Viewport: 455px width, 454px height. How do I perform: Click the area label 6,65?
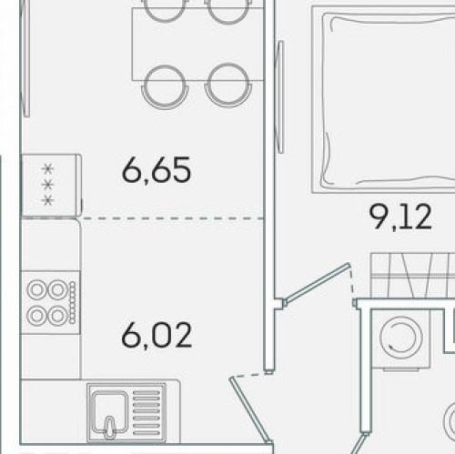[x=157, y=170]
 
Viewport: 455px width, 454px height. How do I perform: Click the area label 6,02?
[x=157, y=335]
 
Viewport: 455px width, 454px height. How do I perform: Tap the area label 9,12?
[x=400, y=217]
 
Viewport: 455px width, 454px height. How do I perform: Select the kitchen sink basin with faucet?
[x=110, y=412]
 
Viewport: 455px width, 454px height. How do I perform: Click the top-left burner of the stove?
[x=36, y=289]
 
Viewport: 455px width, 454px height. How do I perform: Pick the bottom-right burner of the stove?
[x=58, y=316]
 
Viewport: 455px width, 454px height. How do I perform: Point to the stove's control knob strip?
[x=73, y=302]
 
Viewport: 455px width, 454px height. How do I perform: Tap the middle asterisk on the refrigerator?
[x=47, y=185]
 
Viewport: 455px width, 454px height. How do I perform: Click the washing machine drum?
[x=401, y=337]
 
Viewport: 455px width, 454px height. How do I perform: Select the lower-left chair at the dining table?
[x=165, y=87]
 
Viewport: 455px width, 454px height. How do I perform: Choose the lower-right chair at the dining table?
[x=228, y=86]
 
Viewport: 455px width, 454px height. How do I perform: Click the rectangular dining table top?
[x=197, y=45]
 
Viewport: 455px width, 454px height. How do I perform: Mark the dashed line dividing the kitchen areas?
[x=172, y=218]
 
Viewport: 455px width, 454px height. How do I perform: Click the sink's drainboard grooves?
[x=147, y=413]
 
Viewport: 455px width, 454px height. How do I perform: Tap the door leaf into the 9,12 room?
[x=317, y=284]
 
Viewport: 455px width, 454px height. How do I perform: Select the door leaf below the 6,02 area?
[x=250, y=410]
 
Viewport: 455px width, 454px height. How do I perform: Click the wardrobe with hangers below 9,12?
[x=412, y=276]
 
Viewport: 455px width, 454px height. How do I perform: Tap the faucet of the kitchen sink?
[x=110, y=428]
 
